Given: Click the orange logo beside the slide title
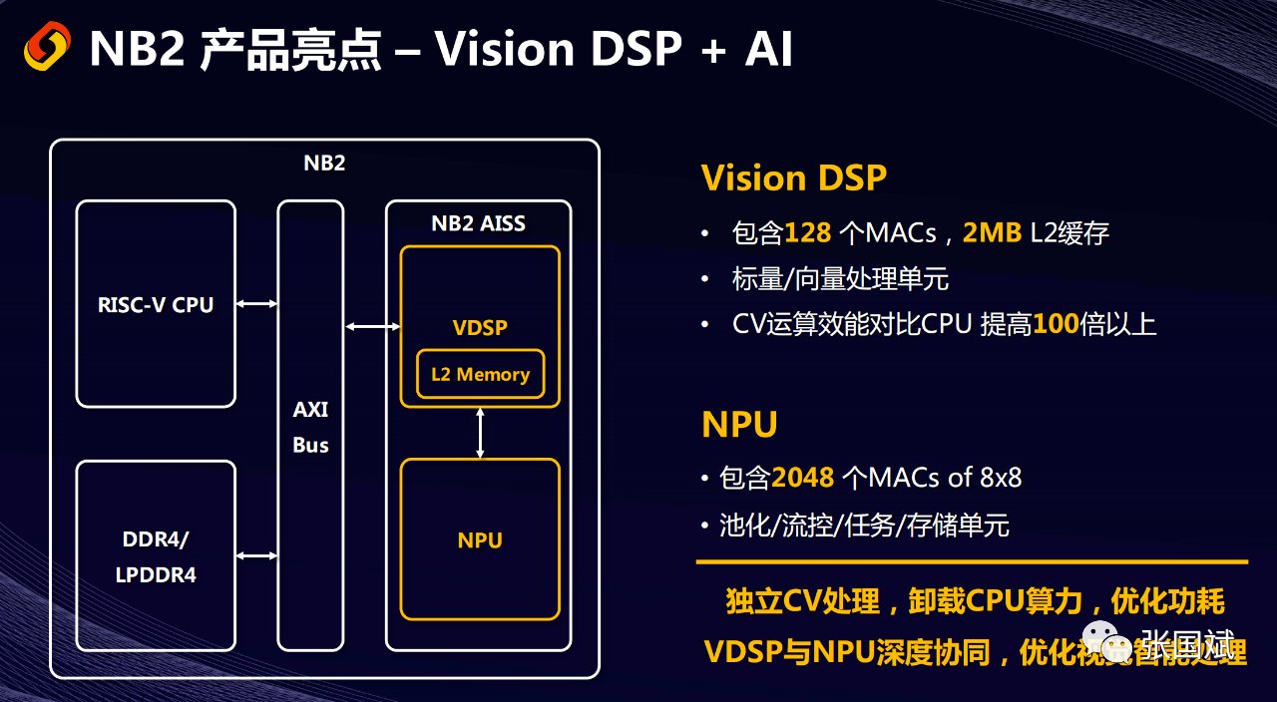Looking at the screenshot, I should (47, 46).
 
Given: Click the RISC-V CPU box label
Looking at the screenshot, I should (156, 305).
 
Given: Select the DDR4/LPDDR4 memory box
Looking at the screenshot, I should (156, 556).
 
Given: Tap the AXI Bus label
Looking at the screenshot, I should (310, 427).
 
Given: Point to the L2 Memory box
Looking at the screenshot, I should (480, 375).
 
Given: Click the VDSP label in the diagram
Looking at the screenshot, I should (480, 327).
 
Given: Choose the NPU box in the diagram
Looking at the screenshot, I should (480, 540).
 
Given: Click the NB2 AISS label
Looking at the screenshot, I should (478, 223).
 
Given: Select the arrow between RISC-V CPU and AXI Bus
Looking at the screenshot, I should (257, 303).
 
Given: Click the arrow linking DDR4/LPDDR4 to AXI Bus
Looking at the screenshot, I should (257, 555).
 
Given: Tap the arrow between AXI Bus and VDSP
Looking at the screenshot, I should (372, 326).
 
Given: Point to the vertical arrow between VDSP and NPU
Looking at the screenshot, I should (481, 433).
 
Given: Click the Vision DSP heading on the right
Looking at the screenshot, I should (793, 178).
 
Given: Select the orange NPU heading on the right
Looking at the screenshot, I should (739, 425).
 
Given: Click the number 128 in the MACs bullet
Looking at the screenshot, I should (808, 233).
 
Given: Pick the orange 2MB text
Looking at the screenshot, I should (992, 233).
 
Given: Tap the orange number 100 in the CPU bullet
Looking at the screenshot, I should (1056, 324).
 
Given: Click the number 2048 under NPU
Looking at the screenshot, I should (803, 478).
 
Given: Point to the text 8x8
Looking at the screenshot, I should (1000, 478).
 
